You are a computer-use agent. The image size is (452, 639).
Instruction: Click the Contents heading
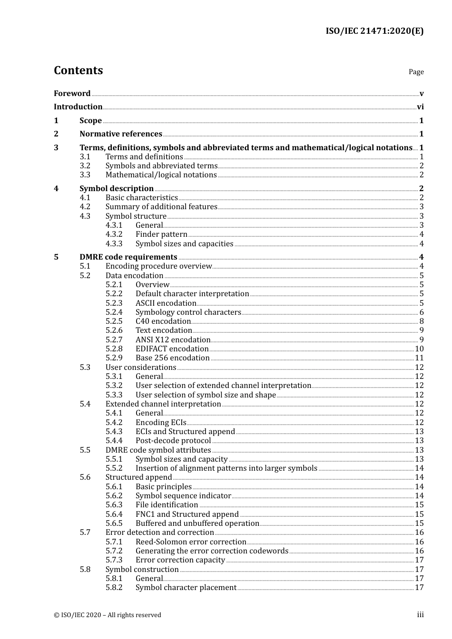coord(78,70)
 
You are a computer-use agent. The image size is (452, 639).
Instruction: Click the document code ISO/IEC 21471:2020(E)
coord(374,31)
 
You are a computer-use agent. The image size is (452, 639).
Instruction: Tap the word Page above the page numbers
coord(416,72)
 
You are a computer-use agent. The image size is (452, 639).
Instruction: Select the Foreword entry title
coord(72,94)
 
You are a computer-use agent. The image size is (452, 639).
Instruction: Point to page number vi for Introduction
coord(420,107)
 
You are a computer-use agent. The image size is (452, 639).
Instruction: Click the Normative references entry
coord(121,134)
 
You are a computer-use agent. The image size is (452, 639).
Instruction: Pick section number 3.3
coord(85,175)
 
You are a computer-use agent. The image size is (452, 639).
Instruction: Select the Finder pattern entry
coord(161,234)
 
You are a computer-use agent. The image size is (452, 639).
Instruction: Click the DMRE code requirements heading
coord(128,257)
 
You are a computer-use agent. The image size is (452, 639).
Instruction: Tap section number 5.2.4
coord(114,312)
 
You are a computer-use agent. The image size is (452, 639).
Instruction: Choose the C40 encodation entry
coord(163,321)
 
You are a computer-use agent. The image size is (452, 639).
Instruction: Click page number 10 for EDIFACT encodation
coord(419,349)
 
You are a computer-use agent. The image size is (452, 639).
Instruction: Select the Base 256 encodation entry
coord(172,358)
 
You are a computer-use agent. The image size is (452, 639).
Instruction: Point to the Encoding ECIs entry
coord(161,423)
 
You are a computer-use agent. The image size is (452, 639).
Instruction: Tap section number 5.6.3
coord(114,505)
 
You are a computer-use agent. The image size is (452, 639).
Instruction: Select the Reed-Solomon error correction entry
coord(191,542)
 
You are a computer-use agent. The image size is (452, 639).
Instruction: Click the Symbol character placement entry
coord(186,588)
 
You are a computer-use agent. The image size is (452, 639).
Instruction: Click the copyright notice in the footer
coord(108,615)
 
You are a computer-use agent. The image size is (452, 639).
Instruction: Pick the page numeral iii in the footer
coord(420,615)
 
